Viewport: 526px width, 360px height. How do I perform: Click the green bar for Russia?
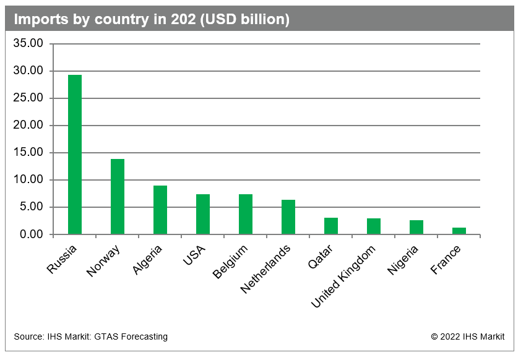click(x=75, y=155)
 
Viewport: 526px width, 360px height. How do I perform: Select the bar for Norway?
click(x=118, y=197)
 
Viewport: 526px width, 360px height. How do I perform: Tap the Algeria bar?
click(x=160, y=210)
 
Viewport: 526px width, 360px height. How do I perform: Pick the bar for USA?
click(x=203, y=215)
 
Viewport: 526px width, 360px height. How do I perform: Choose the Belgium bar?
click(x=246, y=215)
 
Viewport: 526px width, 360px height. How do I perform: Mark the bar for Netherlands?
click(x=288, y=217)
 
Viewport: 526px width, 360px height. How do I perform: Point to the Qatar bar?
click(x=331, y=226)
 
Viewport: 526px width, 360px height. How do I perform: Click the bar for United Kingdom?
click(x=374, y=226)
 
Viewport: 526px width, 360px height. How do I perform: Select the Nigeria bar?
click(x=416, y=228)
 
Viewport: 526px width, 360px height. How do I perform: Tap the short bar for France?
click(x=459, y=231)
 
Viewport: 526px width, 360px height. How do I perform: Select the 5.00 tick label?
click(x=31, y=207)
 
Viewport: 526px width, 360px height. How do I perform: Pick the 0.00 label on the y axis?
click(x=31, y=234)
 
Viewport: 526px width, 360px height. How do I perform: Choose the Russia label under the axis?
click(x=63, y=258)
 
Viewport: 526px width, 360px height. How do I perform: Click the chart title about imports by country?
click(x=152, y=20)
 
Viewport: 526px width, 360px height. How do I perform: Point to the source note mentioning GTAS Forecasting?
click(x=90, y=336)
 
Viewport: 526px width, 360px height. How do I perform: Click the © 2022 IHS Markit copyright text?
click(x=468, y=336)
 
